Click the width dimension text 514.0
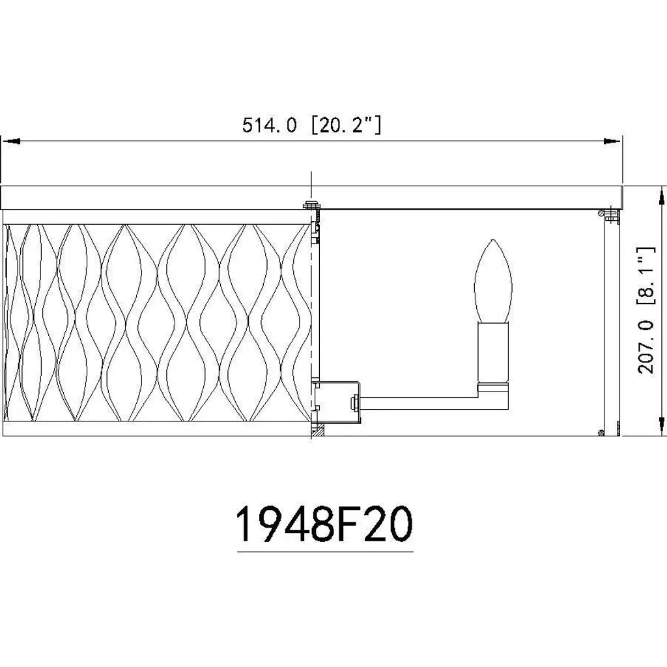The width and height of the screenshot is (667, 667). tap(269, 125)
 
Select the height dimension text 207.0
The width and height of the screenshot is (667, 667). tap(646, 347)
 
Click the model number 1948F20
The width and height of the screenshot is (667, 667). tap(324, 524)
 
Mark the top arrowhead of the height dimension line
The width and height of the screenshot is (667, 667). tap(661, 197)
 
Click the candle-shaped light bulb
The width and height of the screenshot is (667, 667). tap(493, 281)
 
